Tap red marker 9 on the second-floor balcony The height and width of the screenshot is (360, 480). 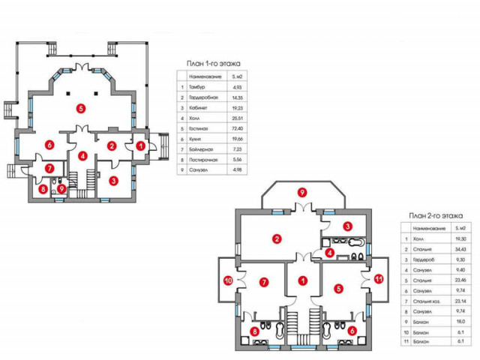(302, 193)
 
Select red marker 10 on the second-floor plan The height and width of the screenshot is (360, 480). (228, 281)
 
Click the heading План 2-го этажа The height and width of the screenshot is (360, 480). (433, 215)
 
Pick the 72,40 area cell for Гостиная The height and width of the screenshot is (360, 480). (236, 129)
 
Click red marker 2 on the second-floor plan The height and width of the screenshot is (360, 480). (277, 240)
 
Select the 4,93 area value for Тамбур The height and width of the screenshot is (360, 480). (236, 87)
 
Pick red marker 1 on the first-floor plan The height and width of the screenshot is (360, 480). (140, 145)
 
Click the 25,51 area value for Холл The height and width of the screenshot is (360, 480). (236, 118)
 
